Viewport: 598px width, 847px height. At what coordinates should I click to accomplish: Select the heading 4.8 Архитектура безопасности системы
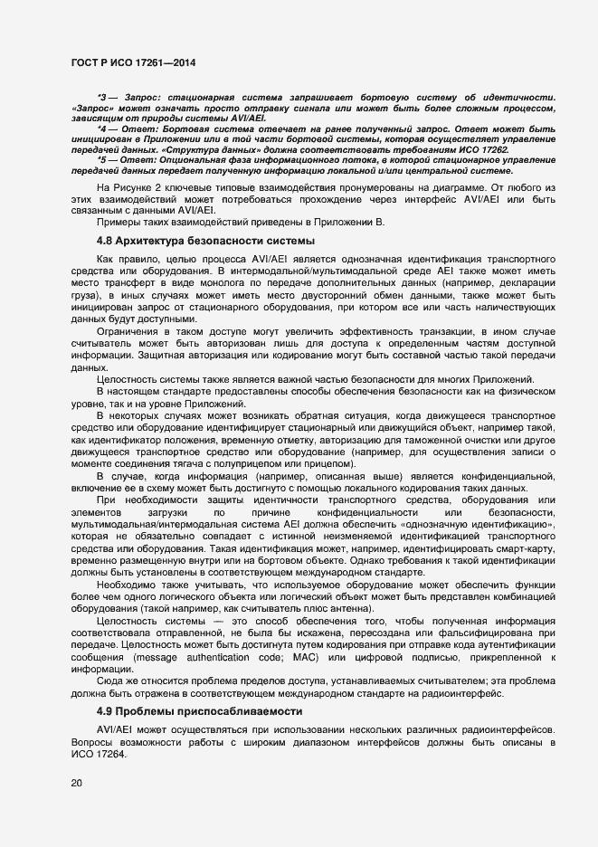tap(205, 241)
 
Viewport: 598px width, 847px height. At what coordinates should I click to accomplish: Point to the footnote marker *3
tap(102, 97)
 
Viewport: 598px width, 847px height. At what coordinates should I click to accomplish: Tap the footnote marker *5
tap(102, 160)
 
